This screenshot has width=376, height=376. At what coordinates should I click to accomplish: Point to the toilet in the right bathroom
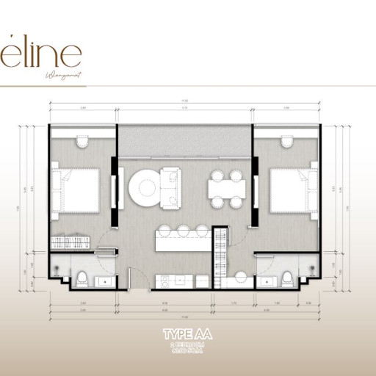[x=289, y=278]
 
